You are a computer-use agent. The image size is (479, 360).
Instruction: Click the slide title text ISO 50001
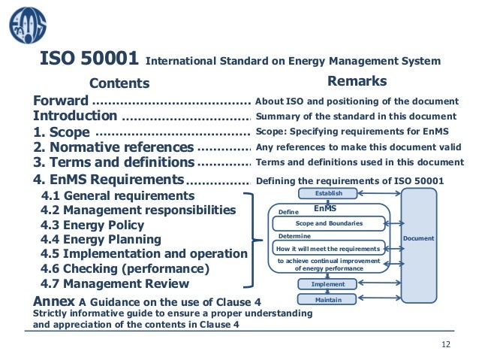click(88, 59)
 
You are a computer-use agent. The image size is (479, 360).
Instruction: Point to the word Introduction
click(75, 116)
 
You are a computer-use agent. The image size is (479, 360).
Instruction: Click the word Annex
click(53, 301)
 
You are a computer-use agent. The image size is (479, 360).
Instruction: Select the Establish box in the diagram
click(329, 194)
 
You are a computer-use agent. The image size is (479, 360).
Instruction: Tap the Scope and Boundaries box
click(329, 223)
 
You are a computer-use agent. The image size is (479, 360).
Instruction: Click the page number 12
click(447, 344)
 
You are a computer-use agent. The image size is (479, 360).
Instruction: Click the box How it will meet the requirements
click(329, 247)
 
